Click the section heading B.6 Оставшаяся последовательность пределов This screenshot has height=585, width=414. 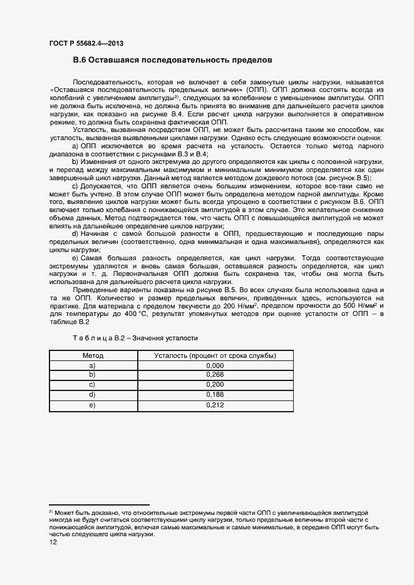173,61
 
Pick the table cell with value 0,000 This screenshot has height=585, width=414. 215,365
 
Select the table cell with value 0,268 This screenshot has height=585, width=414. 215,375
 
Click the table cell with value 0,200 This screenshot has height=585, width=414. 215,385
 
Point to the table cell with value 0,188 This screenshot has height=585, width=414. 215,395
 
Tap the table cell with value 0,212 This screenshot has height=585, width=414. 215,405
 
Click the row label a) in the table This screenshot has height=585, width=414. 93,365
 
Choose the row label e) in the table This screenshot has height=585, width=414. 93,405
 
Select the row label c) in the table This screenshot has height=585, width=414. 93,385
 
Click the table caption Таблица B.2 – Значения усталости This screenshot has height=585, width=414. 135,338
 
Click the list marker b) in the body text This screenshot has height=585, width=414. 75,162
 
